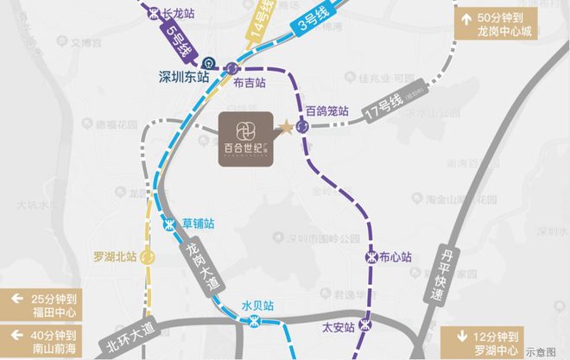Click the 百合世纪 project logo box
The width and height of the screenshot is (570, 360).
(245, 138)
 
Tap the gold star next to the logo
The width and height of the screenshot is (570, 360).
(286, 128)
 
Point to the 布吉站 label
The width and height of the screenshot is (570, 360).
(249, 82)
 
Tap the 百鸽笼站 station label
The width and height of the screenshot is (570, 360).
(326, 111)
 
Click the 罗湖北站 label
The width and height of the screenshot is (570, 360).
(115, 256)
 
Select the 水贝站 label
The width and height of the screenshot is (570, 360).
(257, 305)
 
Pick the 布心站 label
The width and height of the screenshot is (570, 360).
(396, 256)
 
